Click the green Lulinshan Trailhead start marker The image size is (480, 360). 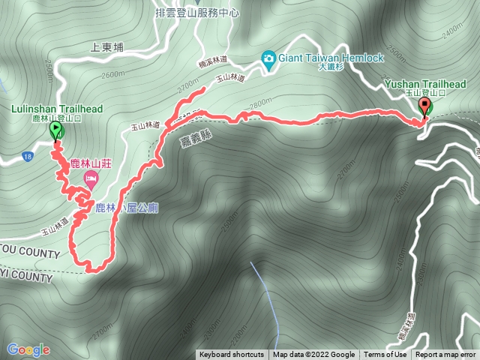(x=56, y=130)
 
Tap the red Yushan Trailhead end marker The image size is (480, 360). (x=425, y=106)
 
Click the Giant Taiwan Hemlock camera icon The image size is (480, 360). (x=268, y=58)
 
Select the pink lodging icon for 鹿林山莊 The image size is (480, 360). (x=91, y=178)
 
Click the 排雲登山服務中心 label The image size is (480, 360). (x=196, y=13)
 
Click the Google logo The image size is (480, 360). (x=28, y=349)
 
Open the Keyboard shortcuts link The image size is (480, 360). (x=232, y=355)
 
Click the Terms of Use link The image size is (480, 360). (x=385, y=355)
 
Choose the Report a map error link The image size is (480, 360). (x=445, y=355)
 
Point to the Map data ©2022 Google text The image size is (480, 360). (x=313, y=355)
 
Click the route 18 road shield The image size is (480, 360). (x=28, y=156)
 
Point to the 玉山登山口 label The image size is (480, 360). (x=425, y=93)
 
